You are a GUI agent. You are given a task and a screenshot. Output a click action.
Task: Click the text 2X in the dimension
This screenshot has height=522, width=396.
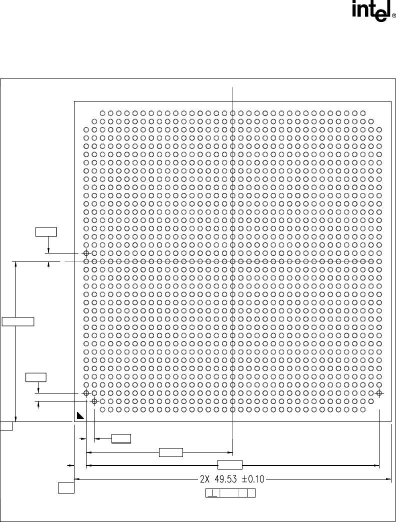click(204, 479)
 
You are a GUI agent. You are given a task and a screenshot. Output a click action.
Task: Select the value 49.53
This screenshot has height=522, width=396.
click(225, 479)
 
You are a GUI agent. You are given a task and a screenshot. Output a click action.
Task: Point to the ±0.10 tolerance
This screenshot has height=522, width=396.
click(253, 479)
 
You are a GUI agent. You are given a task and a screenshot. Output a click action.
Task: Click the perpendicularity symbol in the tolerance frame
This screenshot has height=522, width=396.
click(211, 493)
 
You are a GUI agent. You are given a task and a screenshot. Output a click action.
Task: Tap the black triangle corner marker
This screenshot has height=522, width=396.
click(80, 415)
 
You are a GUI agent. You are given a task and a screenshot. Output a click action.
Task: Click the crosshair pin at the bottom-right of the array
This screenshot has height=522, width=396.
click(379, 393)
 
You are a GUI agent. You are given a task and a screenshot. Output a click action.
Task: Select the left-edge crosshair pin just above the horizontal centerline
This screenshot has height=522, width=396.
click(86, 253)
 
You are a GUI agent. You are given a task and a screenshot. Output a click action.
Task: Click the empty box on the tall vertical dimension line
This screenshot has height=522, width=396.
click(18, 321)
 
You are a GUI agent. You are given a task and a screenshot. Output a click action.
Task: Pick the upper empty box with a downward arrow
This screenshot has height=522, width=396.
click(46, 231)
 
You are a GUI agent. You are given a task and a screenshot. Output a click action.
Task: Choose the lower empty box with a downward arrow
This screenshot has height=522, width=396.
click(36, 377)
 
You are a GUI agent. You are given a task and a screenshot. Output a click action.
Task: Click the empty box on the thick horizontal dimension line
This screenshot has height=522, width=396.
click(230, 464)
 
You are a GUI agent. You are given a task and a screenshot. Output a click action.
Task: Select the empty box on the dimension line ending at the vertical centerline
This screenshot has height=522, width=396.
click(171, 452)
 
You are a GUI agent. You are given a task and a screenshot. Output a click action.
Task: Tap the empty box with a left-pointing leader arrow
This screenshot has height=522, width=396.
click(121, 439)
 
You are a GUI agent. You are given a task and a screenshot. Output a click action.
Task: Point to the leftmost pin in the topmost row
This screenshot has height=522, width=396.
click(102, 113)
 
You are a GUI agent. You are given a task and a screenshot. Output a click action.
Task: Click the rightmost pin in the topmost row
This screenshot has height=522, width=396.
click(362, 113)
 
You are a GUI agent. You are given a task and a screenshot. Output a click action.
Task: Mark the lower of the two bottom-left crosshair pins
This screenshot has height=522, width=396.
click(94, 401)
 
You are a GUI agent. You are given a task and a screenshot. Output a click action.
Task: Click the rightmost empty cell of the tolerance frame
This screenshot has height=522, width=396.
click(251, 493)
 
